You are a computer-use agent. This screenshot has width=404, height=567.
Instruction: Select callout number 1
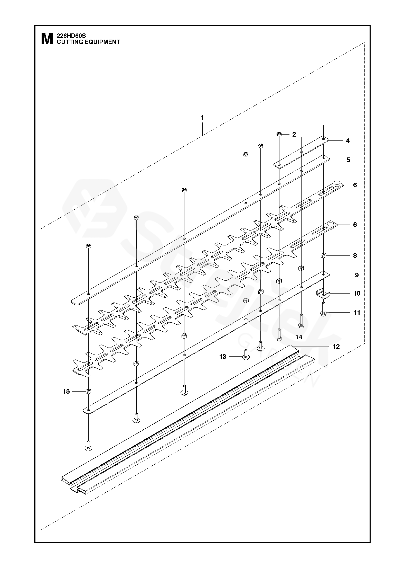(x=202, y=118)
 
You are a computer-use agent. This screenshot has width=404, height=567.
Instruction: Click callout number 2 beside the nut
(x=294, y=134)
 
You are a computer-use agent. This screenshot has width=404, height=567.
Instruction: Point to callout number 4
(x=348, y=141)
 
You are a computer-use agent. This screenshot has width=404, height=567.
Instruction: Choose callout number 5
(x=348, y=160)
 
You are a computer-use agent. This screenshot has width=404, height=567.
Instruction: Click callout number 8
(x=355, y=255)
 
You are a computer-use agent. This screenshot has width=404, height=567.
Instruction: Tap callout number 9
(x=356, y=275)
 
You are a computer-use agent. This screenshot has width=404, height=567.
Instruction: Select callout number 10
(x=357, y=293)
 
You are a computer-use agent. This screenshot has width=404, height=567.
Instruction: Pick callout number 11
(x=357, y=313)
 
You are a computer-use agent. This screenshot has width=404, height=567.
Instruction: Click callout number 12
(x=336, y=347)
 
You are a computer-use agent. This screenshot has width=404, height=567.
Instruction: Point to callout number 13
(x=223, y=357)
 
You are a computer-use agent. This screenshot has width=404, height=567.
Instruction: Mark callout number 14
(x=299, y=337)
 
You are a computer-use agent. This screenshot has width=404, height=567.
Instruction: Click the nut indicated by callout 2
(x=279, y=134)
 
